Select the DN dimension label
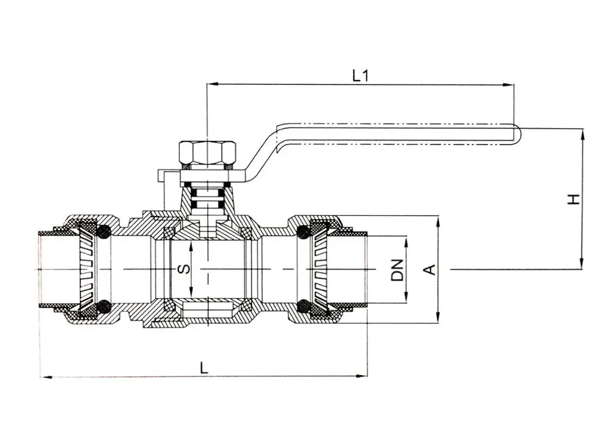(397, 270)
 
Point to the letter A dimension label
(429, 269)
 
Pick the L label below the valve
(204, 367)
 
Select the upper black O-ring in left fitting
(104, 231)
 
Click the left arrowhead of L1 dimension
(211, 85)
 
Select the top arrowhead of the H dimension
(583, 132)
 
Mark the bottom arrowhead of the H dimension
(583, 265)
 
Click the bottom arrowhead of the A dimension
(438, 320)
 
